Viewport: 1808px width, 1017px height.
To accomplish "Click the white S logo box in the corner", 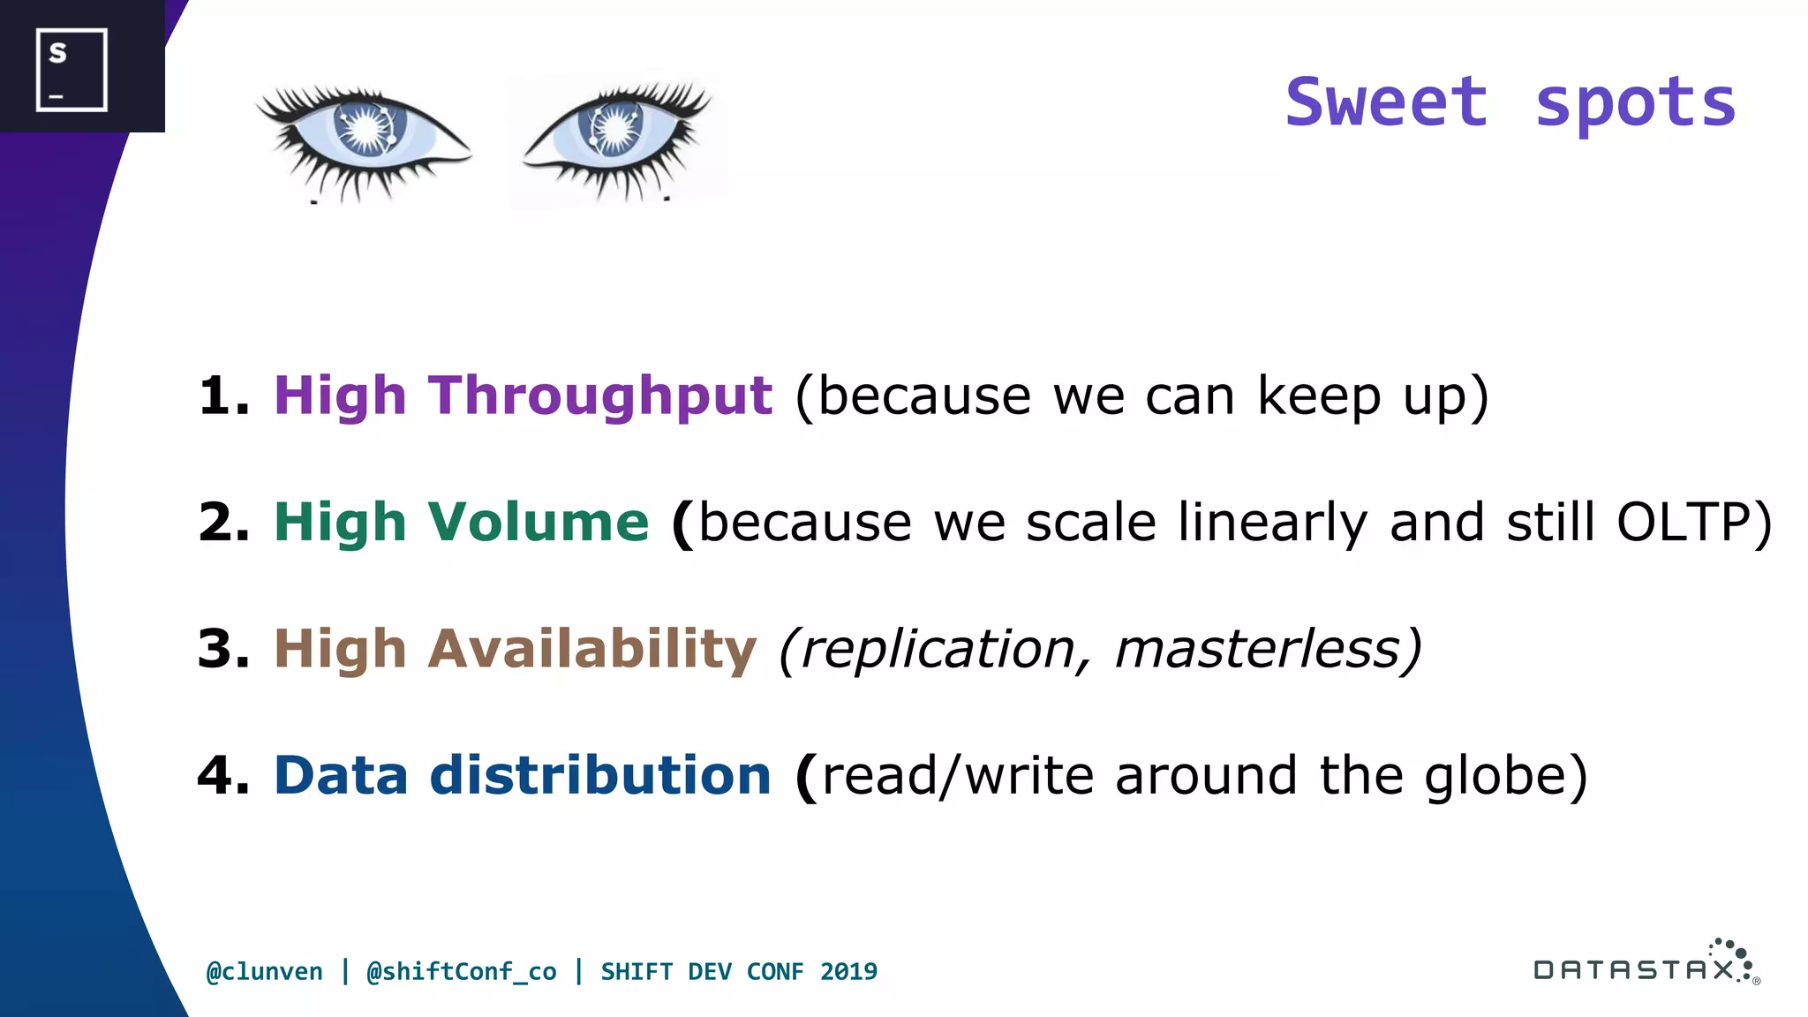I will (x=72, y=70).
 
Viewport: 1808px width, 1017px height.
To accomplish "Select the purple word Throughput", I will (x=600, y=395).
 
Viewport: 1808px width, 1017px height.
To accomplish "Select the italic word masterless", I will (x=1258, y=649).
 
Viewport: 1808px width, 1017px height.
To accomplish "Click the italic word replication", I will (x=938, y=649).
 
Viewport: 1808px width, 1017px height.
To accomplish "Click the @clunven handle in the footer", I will (x=264, y=972).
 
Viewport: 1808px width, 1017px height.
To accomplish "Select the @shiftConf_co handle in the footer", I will (x=461, y=972).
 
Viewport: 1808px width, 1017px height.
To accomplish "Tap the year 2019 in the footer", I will (x=848, y=972).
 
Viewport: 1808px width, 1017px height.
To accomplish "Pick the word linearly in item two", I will (x=1272, y=522).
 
